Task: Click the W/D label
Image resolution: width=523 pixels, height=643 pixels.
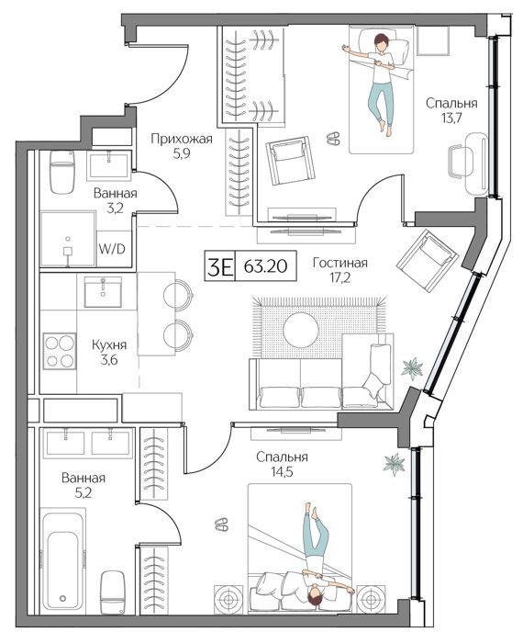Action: coord(112,249)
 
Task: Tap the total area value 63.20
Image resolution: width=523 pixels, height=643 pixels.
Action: coord(265,266)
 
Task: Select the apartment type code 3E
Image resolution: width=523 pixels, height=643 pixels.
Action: coord(220,266)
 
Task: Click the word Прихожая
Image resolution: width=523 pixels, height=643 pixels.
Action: coord(182,139)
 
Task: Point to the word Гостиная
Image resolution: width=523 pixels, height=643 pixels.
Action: coord(339,263)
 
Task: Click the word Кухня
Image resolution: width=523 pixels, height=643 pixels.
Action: coord(109,344)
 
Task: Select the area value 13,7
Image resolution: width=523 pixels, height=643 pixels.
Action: coord(451,118)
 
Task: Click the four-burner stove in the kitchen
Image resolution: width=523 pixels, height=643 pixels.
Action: coord(60,351)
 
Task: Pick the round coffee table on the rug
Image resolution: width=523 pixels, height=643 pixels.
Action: coord(301,330)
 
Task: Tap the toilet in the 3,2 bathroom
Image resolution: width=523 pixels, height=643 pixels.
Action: coord(62,173)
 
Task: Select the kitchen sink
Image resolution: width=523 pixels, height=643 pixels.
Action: coord(103,292)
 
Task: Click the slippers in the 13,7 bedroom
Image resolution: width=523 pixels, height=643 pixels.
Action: coord(333,138)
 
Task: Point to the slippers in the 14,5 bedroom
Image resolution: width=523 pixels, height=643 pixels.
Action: coord(222,525)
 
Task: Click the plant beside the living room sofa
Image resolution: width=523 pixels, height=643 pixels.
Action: coord(412,368)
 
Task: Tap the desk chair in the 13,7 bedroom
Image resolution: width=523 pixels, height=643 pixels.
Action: coord(462,162)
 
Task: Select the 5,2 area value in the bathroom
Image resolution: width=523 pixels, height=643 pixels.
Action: coord(83,492)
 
